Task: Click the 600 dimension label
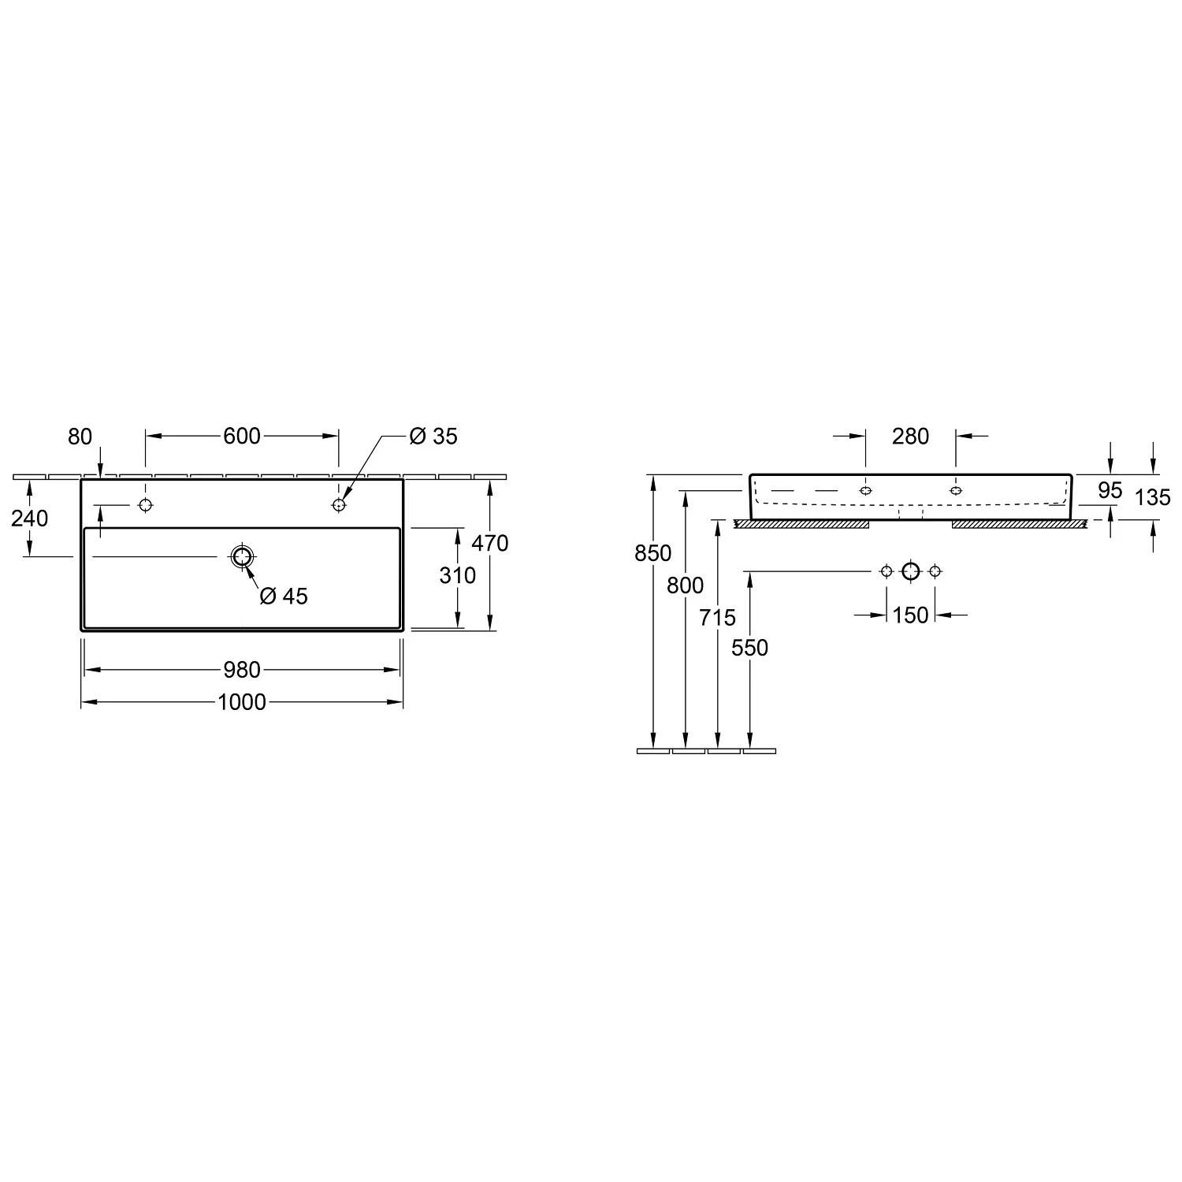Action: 242,436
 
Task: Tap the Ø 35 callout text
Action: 433,436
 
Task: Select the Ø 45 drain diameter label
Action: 284,597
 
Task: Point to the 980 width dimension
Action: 242,670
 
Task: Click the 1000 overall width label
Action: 242,701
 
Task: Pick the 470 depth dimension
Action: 489,543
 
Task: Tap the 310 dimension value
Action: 458,575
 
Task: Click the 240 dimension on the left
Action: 30,519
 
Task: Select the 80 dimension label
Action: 80,437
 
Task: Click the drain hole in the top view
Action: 242,557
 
